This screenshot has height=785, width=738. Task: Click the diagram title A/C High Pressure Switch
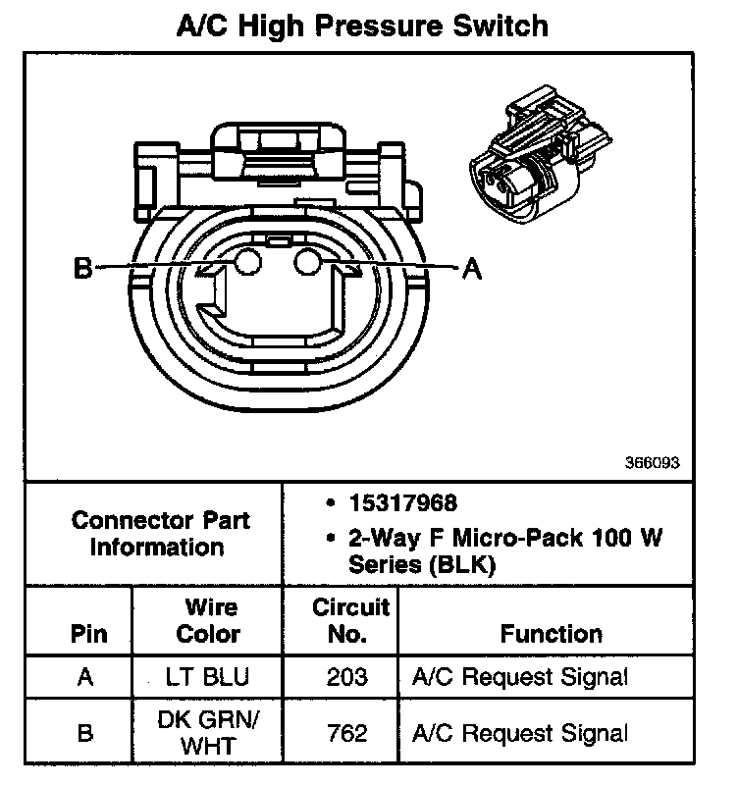tap(362, 26)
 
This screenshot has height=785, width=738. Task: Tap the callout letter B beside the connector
tap(83, 268)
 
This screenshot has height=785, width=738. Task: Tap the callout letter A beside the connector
tap(472, 269)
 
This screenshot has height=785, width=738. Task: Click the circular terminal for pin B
tap(248, 261)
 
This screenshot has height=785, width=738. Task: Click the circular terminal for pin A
tap(307, 261)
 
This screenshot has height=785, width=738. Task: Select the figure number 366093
tap(652, 462)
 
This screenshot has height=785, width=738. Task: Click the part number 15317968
tap(403, 503)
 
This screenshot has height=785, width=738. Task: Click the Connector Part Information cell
tap(159, 534)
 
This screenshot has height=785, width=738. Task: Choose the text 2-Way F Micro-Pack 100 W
tap(505, 538)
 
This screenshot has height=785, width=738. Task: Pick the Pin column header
tap(89, 634)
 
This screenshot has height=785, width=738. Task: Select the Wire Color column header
tap(209, 621)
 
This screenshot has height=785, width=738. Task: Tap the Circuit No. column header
tap(350, 621)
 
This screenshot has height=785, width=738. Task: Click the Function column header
tap(552, 634)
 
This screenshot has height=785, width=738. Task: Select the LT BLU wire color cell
tap(207, 677)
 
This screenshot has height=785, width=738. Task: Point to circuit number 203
tap(347, 677)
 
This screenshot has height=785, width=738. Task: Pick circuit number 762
tap(347, 733)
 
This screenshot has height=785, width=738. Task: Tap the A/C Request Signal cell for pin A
tap(520, 677)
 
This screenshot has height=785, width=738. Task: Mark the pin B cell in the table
tap(85, 733)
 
